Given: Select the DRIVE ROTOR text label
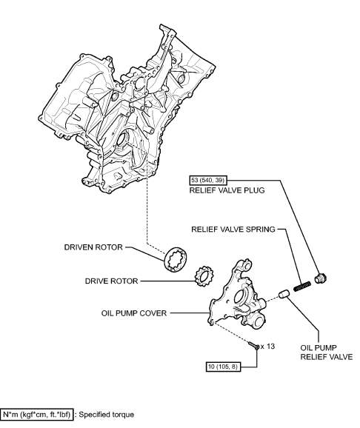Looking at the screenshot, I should pyautogui.click(x=107, y=282).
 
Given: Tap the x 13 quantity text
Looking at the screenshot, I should pyautogui.click(x=268, y=346).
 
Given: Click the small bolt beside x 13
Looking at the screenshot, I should pyautogui.click(x=255, y=345).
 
